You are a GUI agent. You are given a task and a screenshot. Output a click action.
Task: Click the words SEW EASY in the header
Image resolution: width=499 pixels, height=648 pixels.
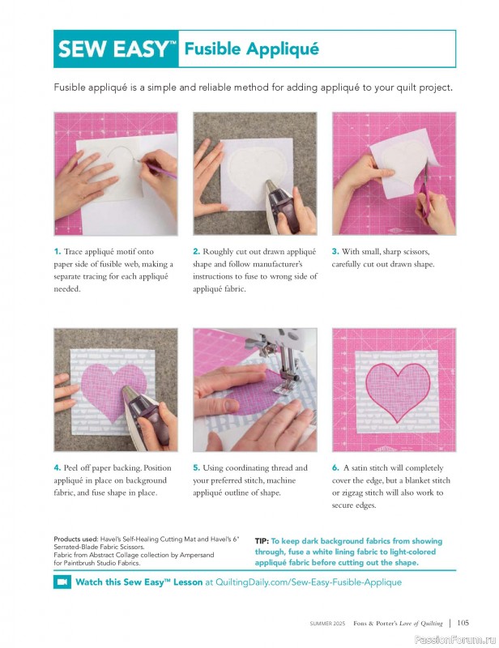(112, 49)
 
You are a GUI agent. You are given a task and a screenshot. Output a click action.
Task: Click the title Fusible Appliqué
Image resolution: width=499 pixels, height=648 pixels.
(251, 49)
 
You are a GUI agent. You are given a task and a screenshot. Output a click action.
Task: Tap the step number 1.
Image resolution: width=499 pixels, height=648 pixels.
(58, 251)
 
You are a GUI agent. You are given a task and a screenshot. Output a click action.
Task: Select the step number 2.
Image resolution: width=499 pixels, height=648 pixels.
(196, 251)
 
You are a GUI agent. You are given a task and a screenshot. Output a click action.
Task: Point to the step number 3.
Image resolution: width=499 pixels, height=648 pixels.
(335, 251)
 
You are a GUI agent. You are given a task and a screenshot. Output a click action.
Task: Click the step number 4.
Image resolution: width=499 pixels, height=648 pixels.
(58, 468)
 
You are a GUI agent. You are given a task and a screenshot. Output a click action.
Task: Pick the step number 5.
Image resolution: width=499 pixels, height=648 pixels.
(196, 468)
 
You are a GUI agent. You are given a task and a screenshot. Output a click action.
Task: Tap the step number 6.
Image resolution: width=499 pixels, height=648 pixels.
(335, 468)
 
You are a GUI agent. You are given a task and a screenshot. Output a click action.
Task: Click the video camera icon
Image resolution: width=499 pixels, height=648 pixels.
(62, 582)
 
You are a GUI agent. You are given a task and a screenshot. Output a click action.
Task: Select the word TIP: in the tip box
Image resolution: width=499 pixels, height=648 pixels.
(262, 541)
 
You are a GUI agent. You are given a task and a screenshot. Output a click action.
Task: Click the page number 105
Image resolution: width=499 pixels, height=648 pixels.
(463, 622)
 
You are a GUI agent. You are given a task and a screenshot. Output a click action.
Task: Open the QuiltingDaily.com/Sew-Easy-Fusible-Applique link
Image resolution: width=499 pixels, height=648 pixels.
(309, 582)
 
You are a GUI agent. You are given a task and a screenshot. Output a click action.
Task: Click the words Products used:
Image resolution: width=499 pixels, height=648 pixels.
(76, 539)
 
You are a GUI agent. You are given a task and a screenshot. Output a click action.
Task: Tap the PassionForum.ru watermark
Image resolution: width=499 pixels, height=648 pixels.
(455, 640)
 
